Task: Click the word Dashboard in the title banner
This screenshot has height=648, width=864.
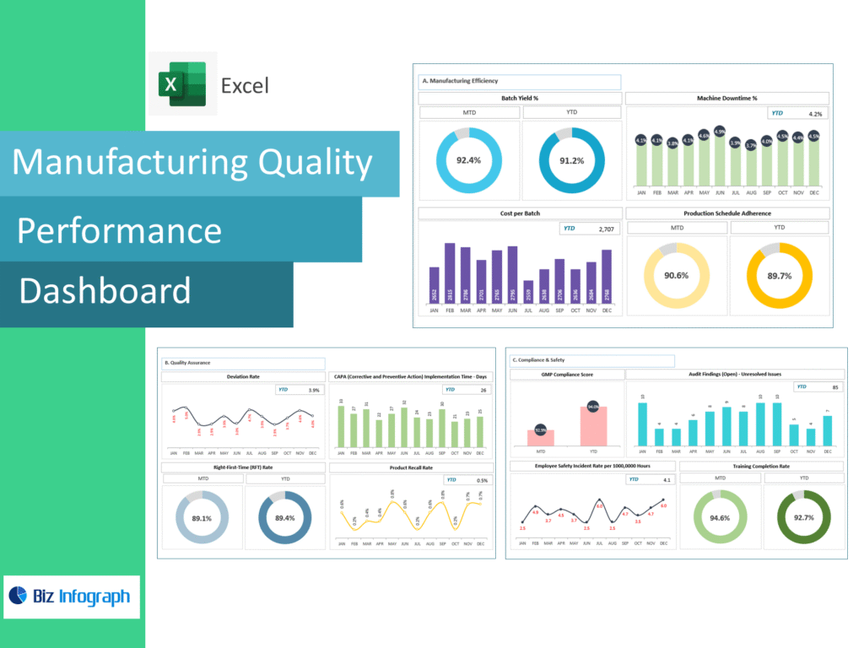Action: (x=105, y=291)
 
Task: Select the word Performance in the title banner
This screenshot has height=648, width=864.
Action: (x=119, y=230)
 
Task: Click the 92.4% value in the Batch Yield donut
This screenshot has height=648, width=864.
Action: (x=468, y=160)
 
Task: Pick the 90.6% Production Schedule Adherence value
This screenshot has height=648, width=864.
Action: (x=676, y=275)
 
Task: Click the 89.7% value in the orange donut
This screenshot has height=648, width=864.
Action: (x=779, y=275)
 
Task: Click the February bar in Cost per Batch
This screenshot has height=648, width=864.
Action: (x=450, y=273)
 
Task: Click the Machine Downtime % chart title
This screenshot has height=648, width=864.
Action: (x=726, y=99)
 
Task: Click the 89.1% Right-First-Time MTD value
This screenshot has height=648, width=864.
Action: (x=202, y=518)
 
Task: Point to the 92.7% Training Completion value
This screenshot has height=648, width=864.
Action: (x=803, y=517)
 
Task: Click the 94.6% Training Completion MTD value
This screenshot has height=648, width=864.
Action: (x=720, y=517)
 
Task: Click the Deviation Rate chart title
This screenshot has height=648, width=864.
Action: (x=242, y=377)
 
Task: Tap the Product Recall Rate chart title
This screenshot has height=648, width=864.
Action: (x=410, y=467)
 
